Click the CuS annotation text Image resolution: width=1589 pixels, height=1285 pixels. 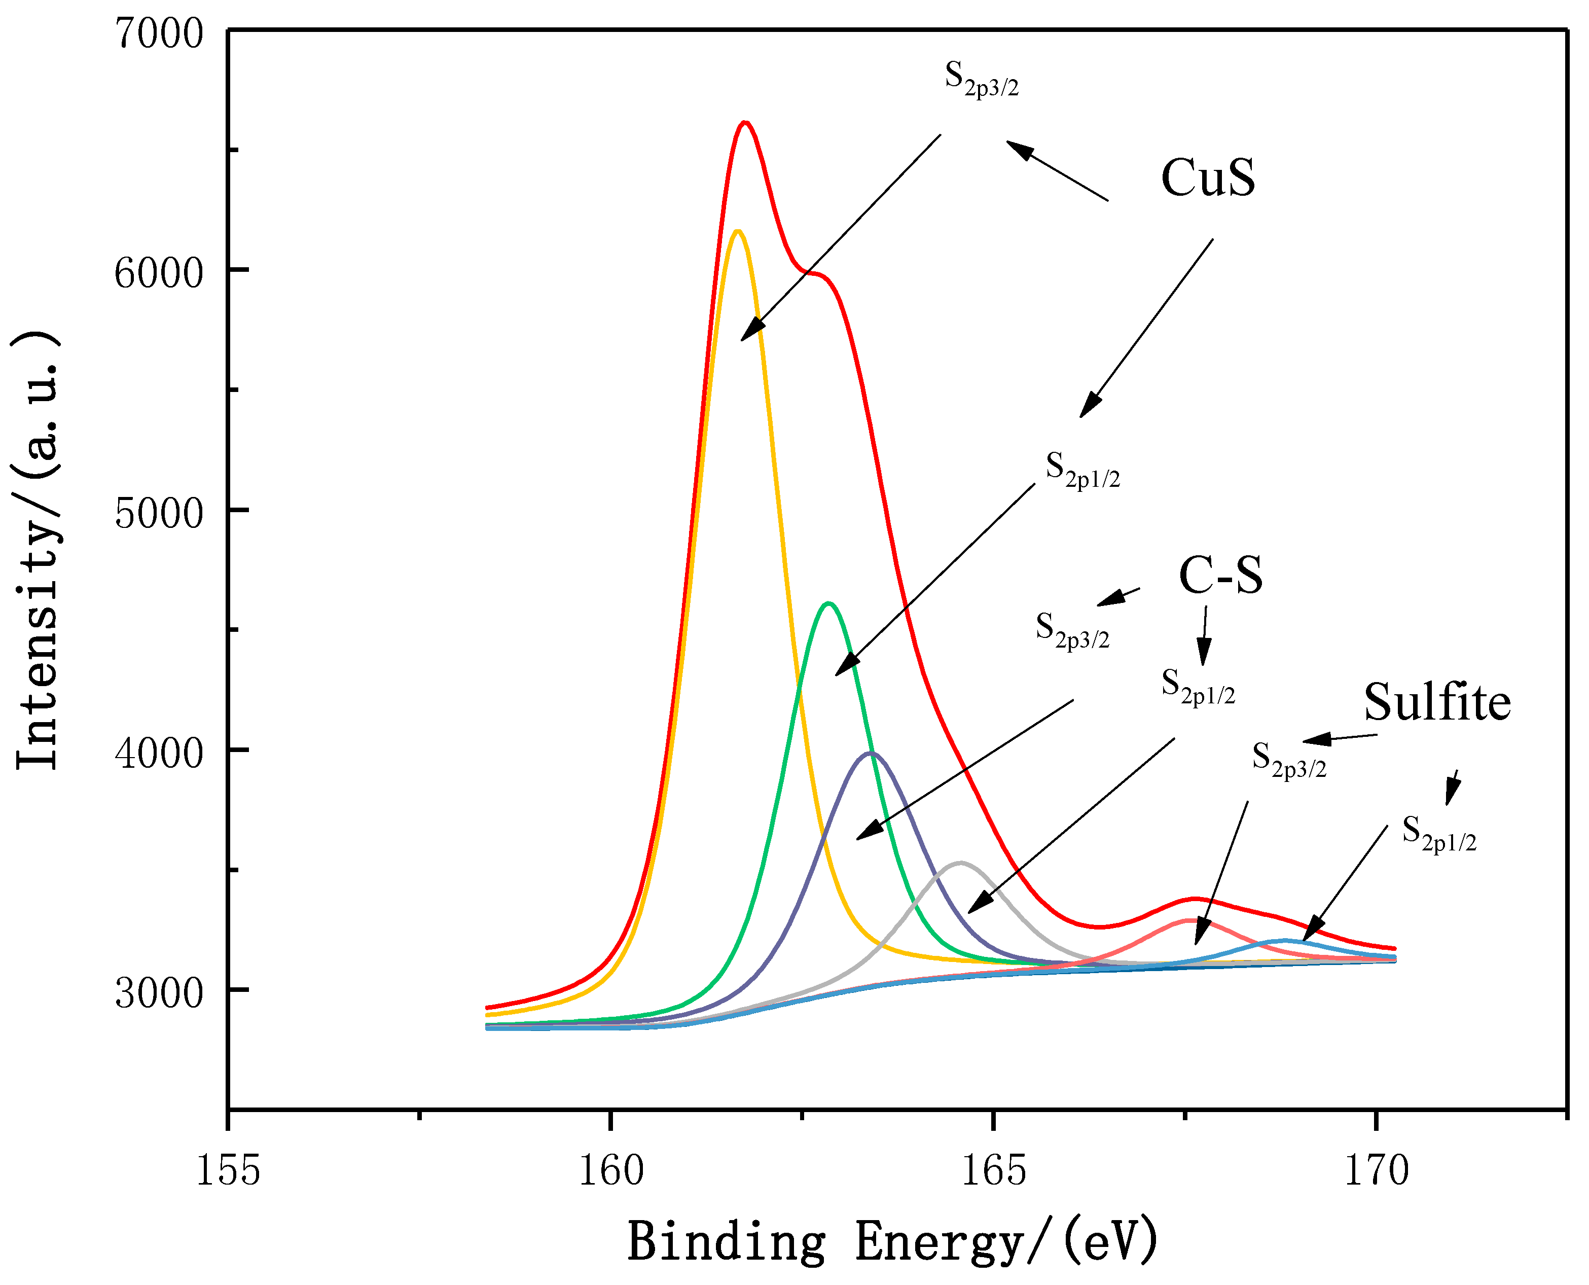(1208, 179)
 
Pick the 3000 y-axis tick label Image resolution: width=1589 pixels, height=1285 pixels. (158, 992)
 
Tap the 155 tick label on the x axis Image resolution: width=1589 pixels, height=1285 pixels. (228, 1171)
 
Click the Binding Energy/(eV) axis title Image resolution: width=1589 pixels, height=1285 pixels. (892, 1241)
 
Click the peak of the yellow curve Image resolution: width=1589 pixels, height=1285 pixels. (736, 232)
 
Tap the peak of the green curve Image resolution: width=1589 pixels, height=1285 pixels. (829, 603)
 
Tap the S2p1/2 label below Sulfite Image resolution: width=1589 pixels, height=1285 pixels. (1439, 834)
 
